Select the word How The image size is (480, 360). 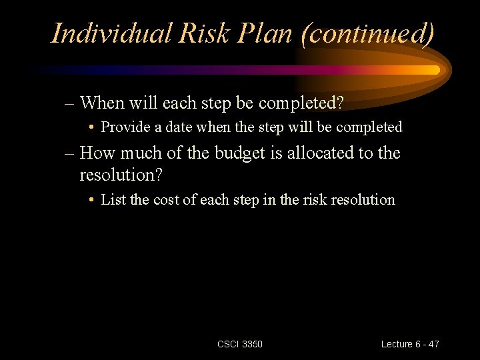click(x=97, y=153)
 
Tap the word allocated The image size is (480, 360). click(x=319, y=153)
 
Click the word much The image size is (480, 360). click(x=139, y=153)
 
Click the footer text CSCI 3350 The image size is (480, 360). click(x=240, y=344)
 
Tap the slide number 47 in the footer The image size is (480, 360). click(x=433, y=344)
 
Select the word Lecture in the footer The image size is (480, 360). click(x=397, y=344)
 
